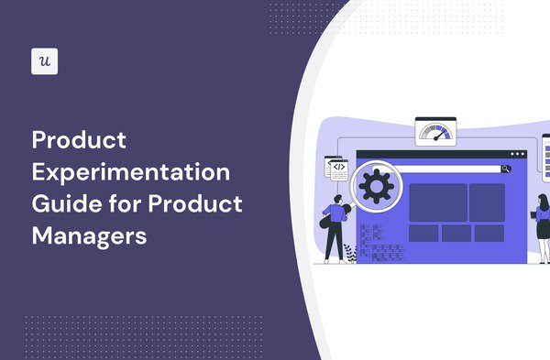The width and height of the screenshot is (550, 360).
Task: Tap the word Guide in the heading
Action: pyautogui.click(x=61, y=203)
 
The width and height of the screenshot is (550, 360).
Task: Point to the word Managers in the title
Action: pyautogui.click(x=90, y=235)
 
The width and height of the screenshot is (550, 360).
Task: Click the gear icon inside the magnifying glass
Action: pyautogui.click(x=373, y=186)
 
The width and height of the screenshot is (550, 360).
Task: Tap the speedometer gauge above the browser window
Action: pyautogui.click(x=436, y=131)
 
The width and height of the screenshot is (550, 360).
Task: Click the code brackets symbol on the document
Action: pyautogui.click(x=338, y=168)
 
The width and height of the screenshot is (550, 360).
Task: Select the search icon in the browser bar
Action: pyautogui.click(x=506, y=169)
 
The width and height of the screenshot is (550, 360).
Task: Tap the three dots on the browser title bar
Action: pyautogui.click(x=520, y=154)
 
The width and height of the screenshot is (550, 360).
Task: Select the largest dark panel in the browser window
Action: pyautogui.click(x=438, y=202)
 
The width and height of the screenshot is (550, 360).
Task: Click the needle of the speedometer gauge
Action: pyautogui.click(x=439, y=132)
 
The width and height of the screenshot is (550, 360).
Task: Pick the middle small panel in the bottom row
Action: pyautogui.click(x=456, y=233)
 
